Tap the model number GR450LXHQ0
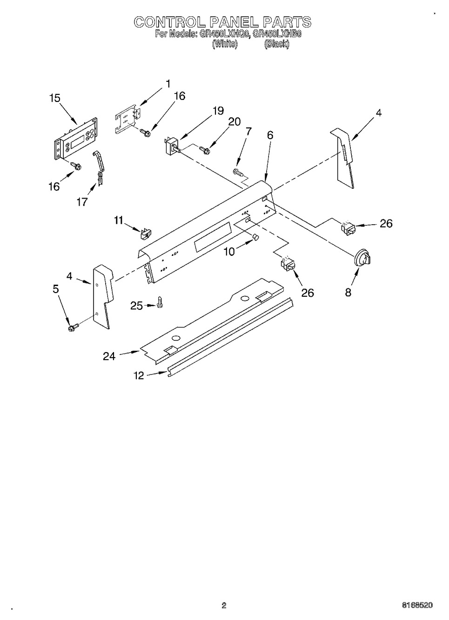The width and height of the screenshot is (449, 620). (224, 34)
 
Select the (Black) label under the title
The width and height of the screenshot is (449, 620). (277, 44)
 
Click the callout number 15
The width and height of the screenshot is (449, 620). (55, 98)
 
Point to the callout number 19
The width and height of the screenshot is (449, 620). (218, 111)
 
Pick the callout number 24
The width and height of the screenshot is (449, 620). (109, 356)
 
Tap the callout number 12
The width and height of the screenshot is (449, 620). (139, 376)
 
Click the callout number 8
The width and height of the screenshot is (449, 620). (348, 292)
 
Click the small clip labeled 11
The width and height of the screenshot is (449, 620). (147, 233)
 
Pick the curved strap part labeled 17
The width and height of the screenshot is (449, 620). (99, 167)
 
